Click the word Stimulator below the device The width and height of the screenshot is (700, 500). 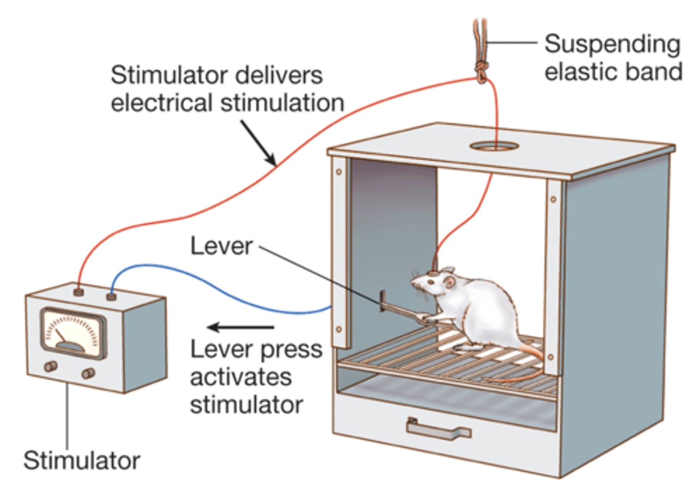point(82,460)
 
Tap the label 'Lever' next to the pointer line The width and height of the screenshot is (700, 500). point(221,246)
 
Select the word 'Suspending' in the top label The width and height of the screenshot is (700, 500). point(612,44)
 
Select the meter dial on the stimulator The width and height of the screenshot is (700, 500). point(73,333)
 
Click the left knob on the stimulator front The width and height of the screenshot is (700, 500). point(51,366)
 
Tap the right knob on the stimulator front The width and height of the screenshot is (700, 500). point(88,373)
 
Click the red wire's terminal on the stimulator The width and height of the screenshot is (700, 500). point(78,292)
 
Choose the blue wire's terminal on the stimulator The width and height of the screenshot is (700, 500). point(111,296)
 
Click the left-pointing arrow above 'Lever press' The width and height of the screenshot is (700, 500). point(240,327)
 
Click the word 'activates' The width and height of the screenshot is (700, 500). point(241,377)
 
